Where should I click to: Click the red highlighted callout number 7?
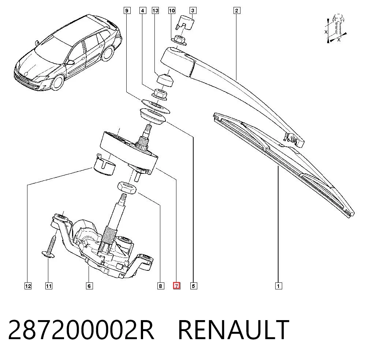coord(176,286)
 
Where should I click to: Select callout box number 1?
coord(278,286)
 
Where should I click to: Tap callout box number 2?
coord(237,11)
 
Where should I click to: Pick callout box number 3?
coord(193,11)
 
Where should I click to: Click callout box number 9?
coord(127,11)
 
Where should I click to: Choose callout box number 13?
coord(155,11)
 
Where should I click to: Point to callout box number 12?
coord(28,286)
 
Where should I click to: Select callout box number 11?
coord(49,286)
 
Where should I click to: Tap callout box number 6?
coord(89,286)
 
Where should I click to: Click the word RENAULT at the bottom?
coord(234,330)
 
